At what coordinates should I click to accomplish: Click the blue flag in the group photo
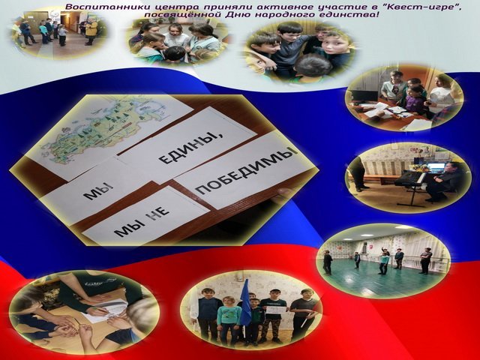(245, 303)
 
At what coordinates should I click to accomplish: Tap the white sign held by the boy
(276, 310)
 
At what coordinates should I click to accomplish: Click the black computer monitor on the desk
(365, 96)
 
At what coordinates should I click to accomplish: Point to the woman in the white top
(442, 93)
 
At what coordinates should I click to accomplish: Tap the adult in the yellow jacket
(91, 31)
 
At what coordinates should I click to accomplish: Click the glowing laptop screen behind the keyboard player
(436, 167)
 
